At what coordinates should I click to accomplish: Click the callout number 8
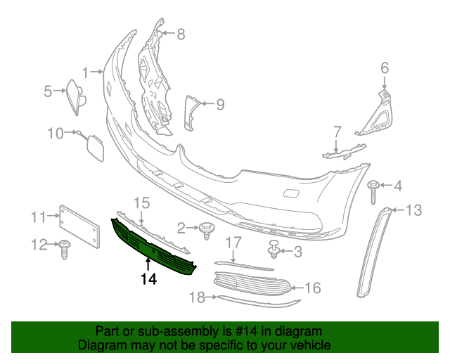pos(181,33)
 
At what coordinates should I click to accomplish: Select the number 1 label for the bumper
pos(86,72)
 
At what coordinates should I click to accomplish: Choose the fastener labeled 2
pos(207,229)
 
